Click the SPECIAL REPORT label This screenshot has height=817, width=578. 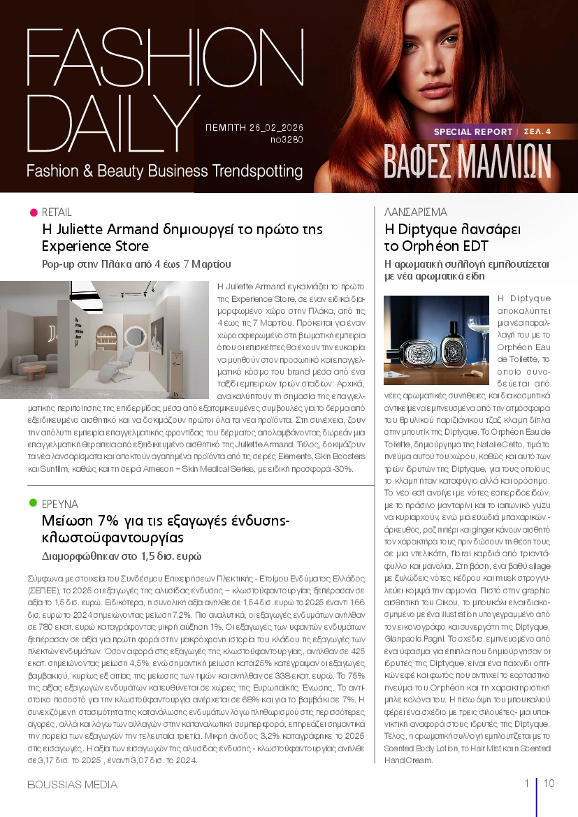[x=472, y=131]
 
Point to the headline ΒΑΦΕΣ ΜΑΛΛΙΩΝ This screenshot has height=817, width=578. [x=467, y=162]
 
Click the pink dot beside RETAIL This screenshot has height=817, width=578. [x=33, y=212]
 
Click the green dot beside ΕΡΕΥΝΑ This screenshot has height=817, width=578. [x=33, y=503]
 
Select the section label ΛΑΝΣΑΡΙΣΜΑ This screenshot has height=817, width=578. [x=416, y=212]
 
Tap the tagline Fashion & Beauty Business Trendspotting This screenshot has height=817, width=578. [x=164, y=171]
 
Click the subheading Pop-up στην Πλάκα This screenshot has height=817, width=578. [x=137, y=264]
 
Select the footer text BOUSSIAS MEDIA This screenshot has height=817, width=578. [x=72, y=784]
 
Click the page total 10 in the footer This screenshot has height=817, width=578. [x=549, y=783]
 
